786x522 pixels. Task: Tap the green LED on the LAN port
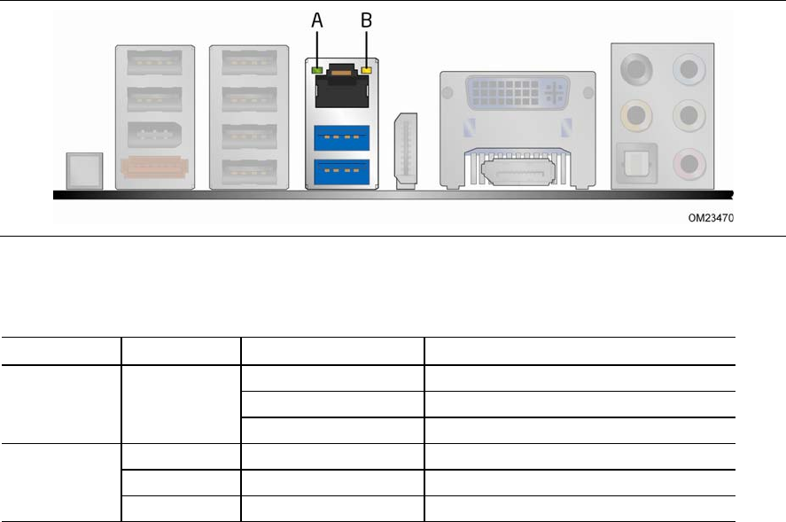pyautogui.click(x=316, y=67)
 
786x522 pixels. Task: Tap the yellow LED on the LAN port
pyautogui.click(x=366, y=67)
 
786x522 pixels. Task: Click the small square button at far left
pyautogui.click(x=84, y=171)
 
